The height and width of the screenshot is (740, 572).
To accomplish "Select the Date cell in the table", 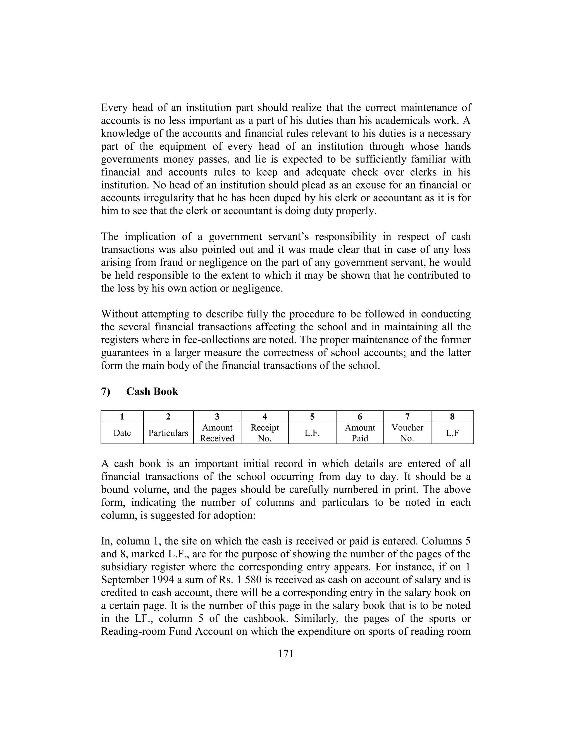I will (122, 433).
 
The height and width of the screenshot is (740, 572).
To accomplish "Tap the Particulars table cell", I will (168, 433).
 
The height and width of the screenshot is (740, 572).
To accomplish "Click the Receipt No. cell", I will (265, 433).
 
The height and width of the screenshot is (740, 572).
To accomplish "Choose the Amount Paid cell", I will (359, 433).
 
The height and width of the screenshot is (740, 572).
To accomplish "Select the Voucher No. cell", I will (407, 433).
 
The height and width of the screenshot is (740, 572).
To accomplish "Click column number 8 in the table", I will (452, 416).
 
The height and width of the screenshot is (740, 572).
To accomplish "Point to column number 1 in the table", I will (122, 416).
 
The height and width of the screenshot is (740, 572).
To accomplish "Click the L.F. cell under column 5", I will (312, 433).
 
